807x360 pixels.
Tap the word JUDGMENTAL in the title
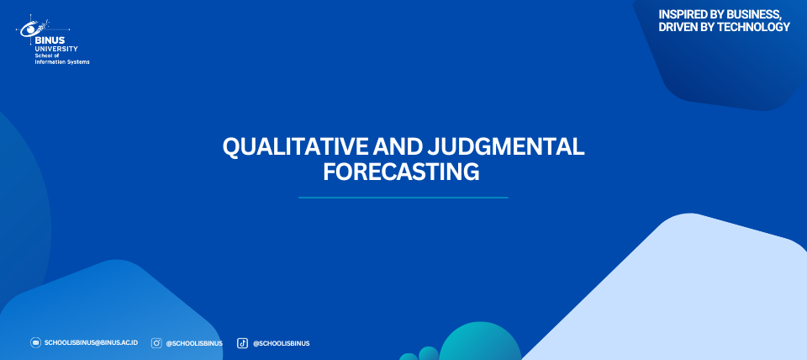[505, 147]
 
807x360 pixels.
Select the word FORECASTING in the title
[401, 172]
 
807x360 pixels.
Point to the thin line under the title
[403, 198]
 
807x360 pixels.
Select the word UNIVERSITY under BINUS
[56, 49]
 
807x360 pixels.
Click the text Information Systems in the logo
[61, 61]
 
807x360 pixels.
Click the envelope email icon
[35, 342]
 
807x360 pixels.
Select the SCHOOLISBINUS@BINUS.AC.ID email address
[91, 342]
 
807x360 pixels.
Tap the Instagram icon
[156, 343]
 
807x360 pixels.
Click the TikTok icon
[242, 343]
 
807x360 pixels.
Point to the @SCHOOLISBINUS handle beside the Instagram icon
[194, 343]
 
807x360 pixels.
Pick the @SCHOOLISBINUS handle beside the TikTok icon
[281, 343]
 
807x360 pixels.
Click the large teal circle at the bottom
[480, 343]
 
